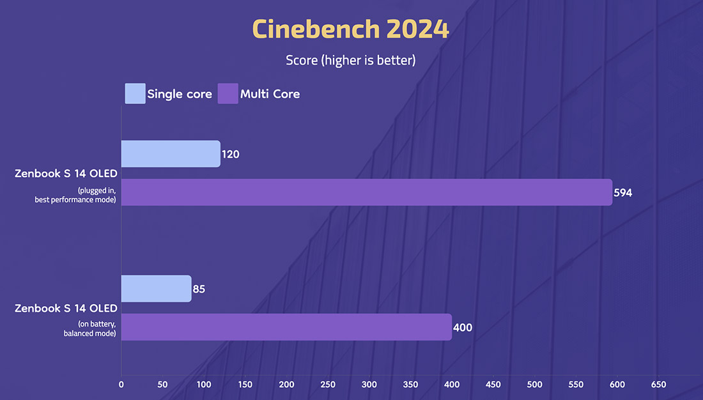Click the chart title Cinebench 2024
pyautogui.click(x=351, y=29)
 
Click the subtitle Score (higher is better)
pyautogui.click(x=351, y=60)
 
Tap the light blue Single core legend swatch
pyautogui.click(x=135, y=93)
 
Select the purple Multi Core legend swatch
pyautogui.click(x=228, y=93)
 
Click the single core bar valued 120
pyautogui.click(x=171, y=154)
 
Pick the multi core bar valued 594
pyautogui.click(x=367, y=192)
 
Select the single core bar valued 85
pyautogui.click(x=157, y=289)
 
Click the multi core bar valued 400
pyautogui.click(x=286, y=327)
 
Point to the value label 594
pyautogui.click(x=622, y=192)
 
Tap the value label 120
pyautogui.click(x=230, y=154)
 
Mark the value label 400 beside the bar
pyautogui.click(x=462, y=327)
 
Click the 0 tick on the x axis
pyautogui.click(x=121, y=385)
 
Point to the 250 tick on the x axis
pyautogui.click(x=328, y=385)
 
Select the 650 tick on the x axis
pyautogui.click(x=658, y=385)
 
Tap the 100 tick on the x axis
pyautogui.click(x=204, y=385)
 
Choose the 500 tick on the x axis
pyautogui.click(x=534, y=385)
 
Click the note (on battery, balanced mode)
pyautogui.click(x=89, y=329)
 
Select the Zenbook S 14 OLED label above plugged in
pyautogui.click(x=66, y=173)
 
